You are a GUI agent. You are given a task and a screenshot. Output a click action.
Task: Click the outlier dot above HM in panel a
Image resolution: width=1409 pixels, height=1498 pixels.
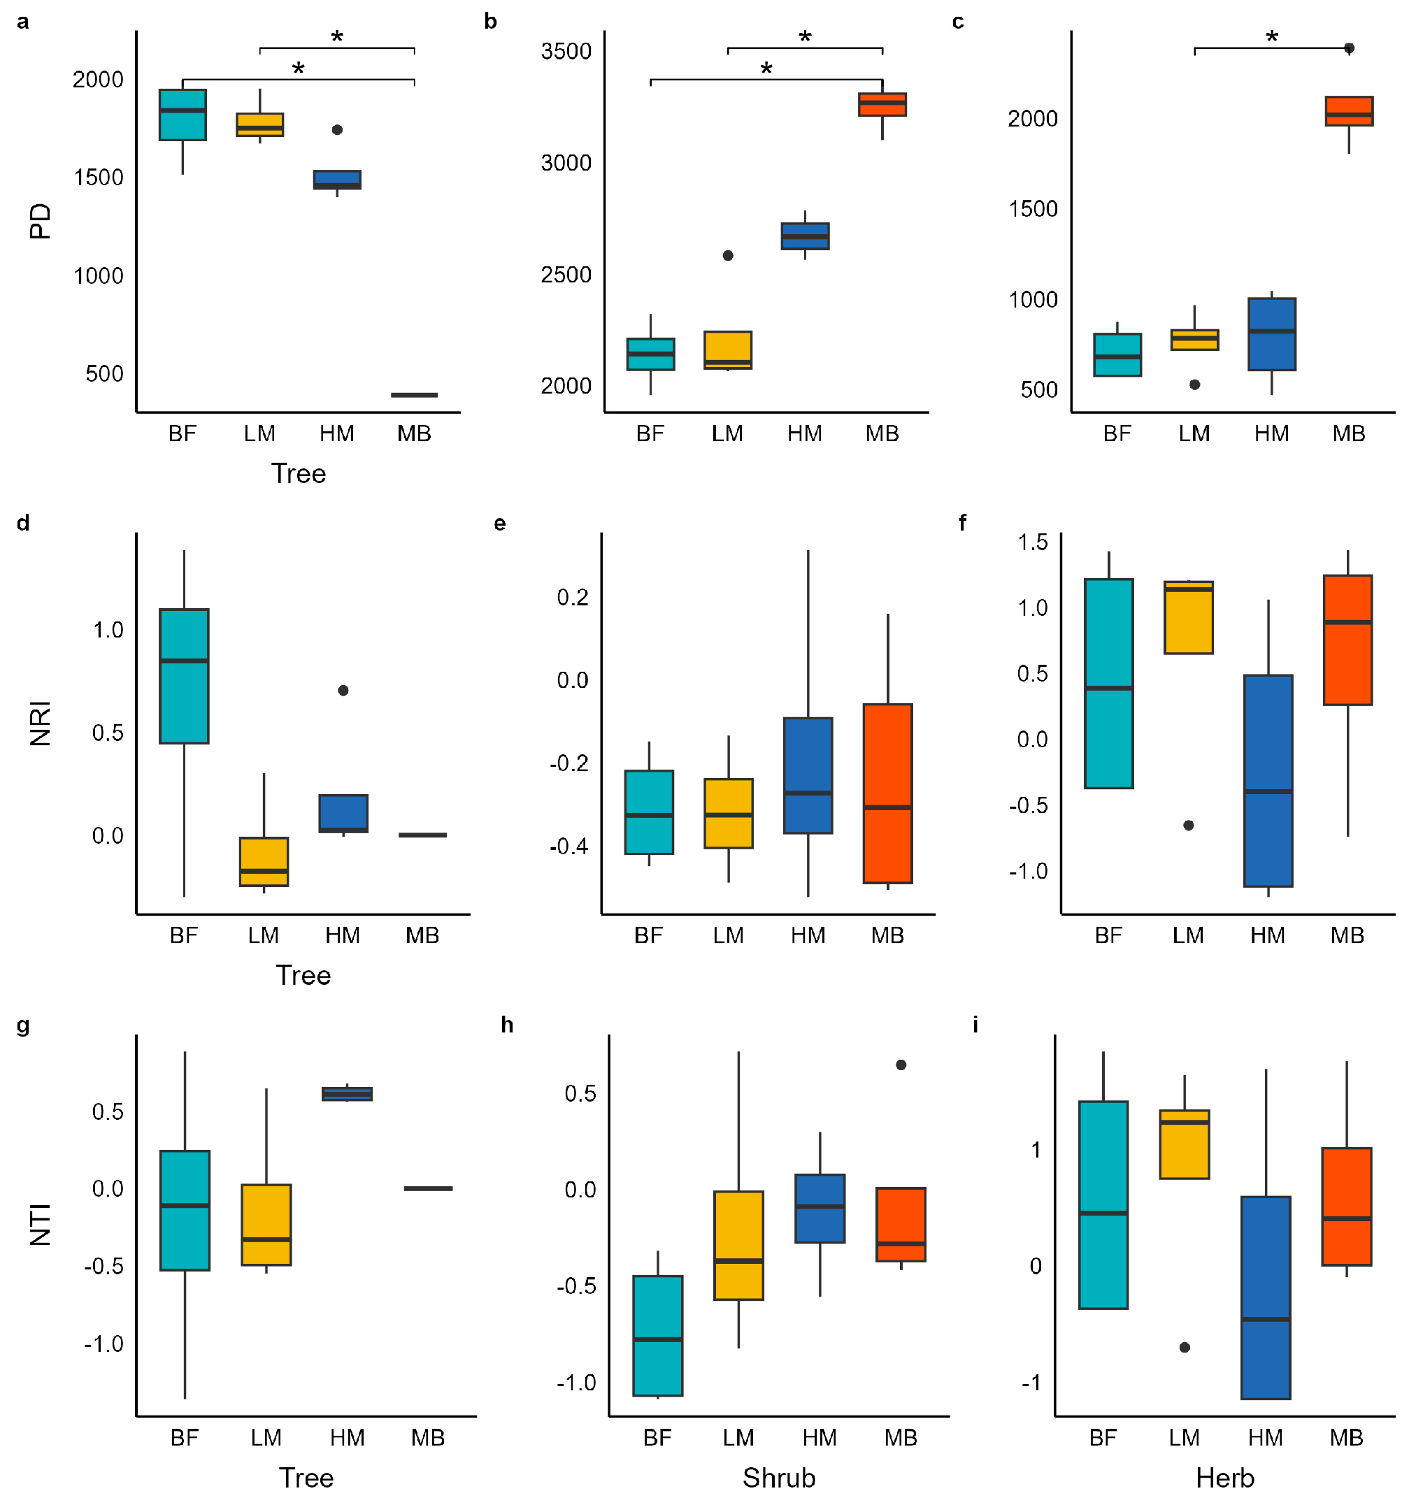(337, 129)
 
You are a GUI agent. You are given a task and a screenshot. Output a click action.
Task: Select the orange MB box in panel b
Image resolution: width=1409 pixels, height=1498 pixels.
(882, 104)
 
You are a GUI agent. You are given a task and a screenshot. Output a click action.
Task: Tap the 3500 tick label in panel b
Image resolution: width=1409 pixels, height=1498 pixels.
(566, 52)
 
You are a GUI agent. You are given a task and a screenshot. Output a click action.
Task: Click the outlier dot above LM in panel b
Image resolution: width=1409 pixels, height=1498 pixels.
(727, 255)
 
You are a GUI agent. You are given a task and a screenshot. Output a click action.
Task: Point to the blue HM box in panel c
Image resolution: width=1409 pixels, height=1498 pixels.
(1271, 334)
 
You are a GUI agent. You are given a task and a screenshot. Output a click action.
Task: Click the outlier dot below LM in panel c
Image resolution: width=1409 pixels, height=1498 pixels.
(1194, 384)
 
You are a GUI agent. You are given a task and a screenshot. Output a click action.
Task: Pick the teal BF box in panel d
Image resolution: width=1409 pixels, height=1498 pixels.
(184, 675)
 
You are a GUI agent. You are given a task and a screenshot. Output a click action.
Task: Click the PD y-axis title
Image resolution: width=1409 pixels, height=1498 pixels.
(40, 221)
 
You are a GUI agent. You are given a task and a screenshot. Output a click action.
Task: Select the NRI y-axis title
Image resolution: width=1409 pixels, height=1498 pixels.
(40, 723)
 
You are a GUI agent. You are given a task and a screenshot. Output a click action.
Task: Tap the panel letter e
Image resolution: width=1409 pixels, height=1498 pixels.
(500, 523)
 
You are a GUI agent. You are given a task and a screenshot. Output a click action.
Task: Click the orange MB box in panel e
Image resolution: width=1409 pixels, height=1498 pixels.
(887, 793)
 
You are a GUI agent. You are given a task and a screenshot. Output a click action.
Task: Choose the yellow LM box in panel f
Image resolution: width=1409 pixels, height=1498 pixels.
(1188, 617)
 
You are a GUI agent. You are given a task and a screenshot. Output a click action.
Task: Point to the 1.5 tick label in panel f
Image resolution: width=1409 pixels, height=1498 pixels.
(1032, 542)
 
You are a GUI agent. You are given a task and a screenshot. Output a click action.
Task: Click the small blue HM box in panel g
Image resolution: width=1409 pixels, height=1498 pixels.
(347, 1093)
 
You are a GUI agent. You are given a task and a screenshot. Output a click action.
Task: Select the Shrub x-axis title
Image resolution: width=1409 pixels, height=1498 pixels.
(779, 1477)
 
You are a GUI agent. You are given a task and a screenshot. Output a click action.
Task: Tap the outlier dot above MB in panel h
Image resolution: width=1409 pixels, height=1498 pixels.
(900, 1065)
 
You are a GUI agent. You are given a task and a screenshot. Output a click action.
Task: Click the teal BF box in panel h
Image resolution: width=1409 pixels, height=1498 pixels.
(657, 1335)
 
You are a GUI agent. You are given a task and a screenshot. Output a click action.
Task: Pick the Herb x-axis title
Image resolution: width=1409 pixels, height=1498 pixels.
(1224, 1477)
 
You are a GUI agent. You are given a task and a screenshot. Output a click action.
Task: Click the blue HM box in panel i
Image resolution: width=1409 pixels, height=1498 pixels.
(1265, 1297)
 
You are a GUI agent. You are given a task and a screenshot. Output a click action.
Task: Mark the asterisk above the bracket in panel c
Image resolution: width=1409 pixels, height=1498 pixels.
(1272, 36)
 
